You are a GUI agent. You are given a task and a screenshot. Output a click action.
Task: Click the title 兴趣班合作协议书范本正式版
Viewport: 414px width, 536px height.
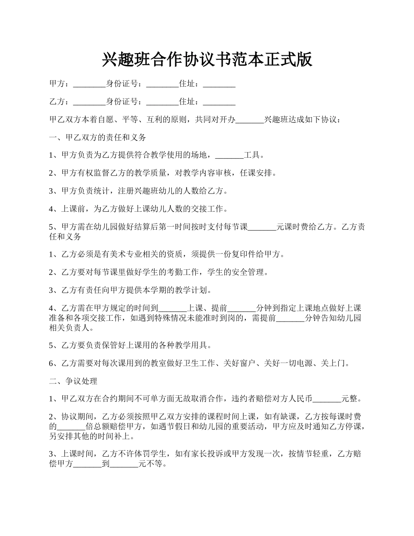click(x=207, y=59)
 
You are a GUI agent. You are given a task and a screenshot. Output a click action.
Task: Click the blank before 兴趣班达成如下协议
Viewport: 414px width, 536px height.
click(x=250, y=119)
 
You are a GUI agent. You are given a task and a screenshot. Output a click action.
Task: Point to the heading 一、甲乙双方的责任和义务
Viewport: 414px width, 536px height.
click(x=98, y=137)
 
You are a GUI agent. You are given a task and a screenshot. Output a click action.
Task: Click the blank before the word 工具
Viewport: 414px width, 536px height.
click(x=230, y=155)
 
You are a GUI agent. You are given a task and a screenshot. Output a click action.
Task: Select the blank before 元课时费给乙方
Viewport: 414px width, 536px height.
click(x=262, y=227)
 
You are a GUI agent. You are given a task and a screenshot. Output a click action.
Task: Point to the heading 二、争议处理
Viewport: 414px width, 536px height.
click(x=73, y=381)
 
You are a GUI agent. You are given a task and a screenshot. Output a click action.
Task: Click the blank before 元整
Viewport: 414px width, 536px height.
click(x=327, y=398)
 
